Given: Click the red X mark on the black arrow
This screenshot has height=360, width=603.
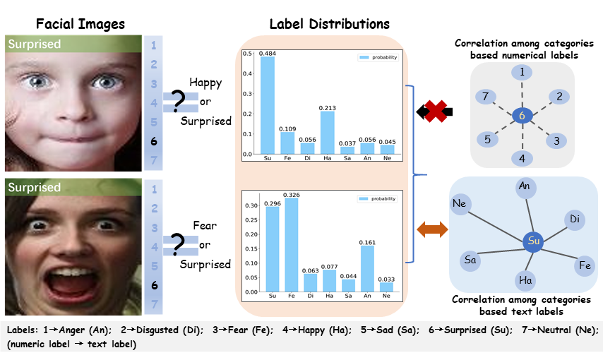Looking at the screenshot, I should point(434,111).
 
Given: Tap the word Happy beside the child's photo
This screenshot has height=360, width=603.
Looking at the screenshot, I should point(205,83).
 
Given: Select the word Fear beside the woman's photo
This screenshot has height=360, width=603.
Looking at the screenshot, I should point(205,227).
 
